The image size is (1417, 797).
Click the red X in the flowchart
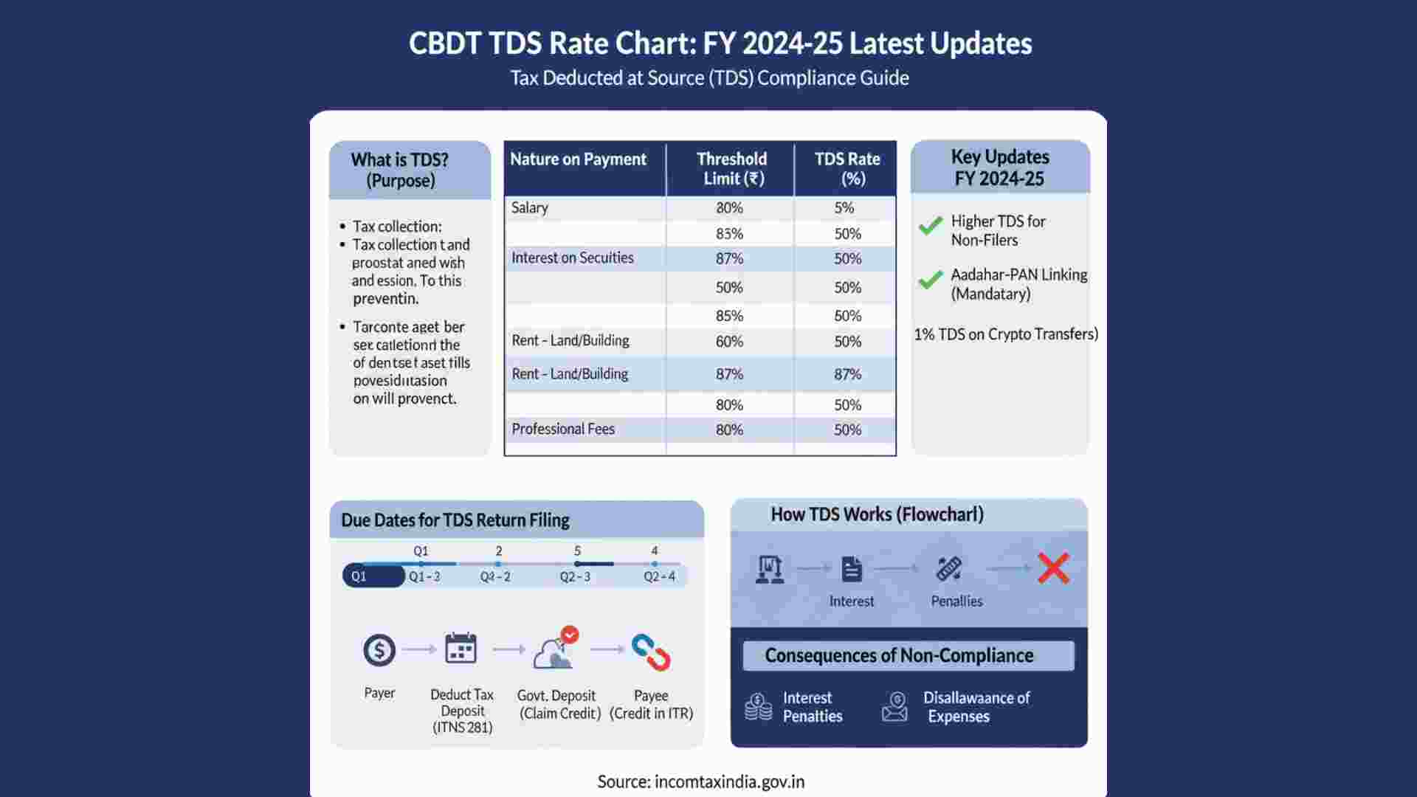[x=1053, y=568]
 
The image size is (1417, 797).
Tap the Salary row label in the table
[x=530, y=207]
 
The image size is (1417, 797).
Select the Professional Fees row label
[x=563, y=429]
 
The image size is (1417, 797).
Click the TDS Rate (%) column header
[x=847, y=168]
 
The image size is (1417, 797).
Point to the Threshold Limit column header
[x=731, y=168]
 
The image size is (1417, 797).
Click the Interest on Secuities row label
[x=573, y=258]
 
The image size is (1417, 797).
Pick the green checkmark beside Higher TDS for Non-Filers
[x=931, y=226]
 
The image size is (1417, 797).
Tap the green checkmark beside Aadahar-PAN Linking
[x=931, y=280]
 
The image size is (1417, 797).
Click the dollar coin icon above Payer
[x=379, y=650]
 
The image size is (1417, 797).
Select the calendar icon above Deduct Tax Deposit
[x=461, y=649]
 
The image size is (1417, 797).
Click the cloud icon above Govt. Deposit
[x=555, y=651]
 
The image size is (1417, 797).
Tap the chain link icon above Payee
[x=651, y=652]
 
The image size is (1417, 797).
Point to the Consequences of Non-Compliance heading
[x=899, y=655]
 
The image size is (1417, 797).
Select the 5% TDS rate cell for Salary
[x=844, y=208]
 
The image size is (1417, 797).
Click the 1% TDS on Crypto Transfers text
[x=1006, y=334]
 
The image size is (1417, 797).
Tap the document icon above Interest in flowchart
[x=852, y=569]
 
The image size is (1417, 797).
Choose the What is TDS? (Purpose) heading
[x=400, y=170]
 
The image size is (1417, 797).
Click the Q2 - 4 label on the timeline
[x=659, y=576]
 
